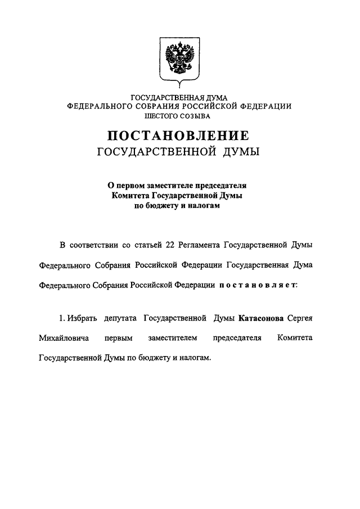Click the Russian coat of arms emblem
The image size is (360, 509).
click(x=179, y=59)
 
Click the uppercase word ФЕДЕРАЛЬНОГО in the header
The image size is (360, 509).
click(x=98, y=106)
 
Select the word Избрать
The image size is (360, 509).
click(x=83, y=318)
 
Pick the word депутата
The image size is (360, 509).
click(x=119, y=318)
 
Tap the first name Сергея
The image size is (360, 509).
click(x=300, y=318)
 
